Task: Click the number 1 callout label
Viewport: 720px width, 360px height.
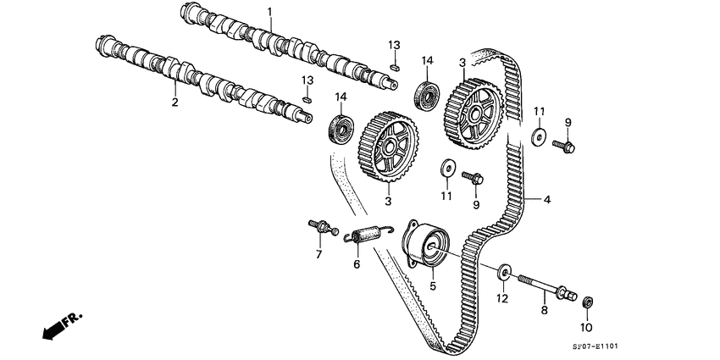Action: pos(270,11)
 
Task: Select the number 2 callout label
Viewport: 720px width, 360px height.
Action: pos(174,102)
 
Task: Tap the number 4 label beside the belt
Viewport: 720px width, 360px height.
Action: pos(547,200)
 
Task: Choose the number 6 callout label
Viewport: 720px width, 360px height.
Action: pos(357,265)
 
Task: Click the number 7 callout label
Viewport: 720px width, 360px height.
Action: pos(319,254)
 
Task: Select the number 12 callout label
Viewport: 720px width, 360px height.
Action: pos(501,297)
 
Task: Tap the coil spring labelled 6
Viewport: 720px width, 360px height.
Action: pos(368,234)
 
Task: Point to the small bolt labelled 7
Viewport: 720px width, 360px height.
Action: pos(321,227)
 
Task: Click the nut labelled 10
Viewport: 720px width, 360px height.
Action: pos(587,301)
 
